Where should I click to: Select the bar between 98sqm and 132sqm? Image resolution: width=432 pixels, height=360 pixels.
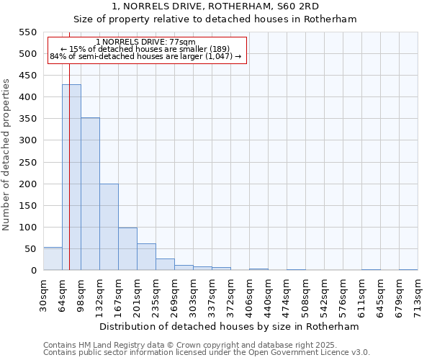point(90,194)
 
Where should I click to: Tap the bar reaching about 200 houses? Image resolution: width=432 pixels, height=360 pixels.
point(109,227)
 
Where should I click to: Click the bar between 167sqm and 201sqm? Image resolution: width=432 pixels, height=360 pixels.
point(127,248)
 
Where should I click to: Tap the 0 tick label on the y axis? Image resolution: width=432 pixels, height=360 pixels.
point(32,271)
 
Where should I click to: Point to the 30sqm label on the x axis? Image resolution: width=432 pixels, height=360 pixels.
point(43,297)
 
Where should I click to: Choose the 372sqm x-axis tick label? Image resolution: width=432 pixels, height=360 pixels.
point(230,297)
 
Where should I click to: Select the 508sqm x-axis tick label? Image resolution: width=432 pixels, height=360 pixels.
point(305,297)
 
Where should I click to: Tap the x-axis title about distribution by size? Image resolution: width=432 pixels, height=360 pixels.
point(229,326)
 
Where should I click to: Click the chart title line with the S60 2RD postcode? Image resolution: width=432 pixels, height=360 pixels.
point(215,6)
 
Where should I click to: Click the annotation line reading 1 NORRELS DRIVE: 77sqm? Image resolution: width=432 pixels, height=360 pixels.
point(145,42)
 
